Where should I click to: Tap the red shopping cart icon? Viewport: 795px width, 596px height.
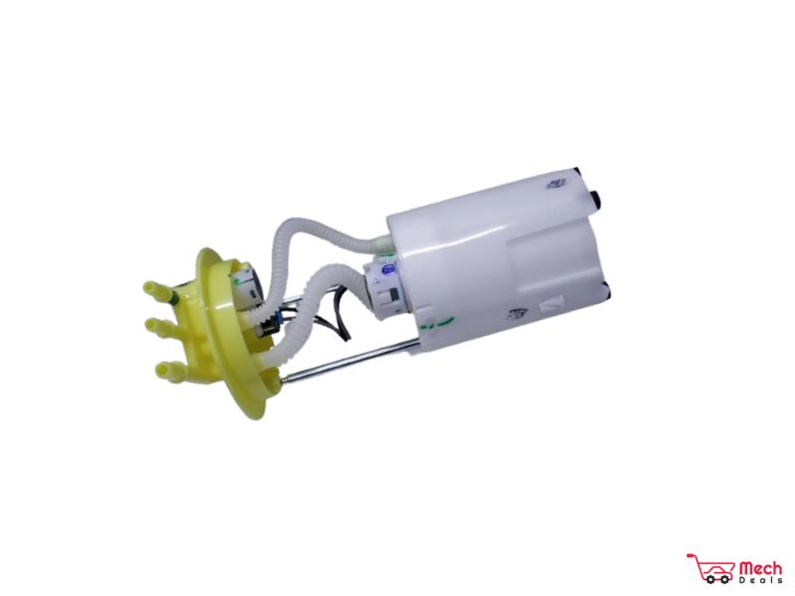(x=711, y=568)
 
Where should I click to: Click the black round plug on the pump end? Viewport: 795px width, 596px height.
(x=599, y=198)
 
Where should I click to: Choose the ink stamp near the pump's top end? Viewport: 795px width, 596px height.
(x=555, y=184)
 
